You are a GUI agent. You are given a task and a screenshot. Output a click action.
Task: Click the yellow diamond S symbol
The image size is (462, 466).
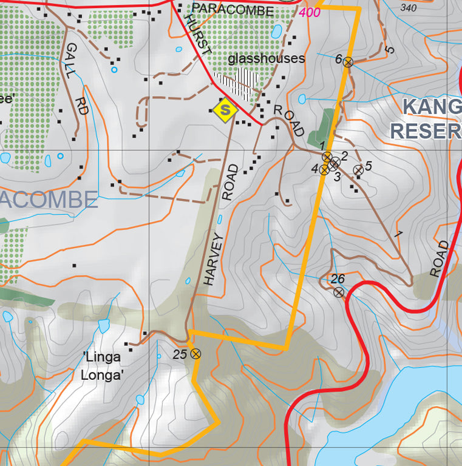click(x=225, y=110)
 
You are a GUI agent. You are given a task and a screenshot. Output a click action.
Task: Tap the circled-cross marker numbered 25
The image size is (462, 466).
click(x=195, y=354)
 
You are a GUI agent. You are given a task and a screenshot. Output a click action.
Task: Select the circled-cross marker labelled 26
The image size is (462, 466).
click(x=339, y=292)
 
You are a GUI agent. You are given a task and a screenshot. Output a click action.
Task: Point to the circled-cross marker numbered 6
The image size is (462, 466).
click(x=348, y=61)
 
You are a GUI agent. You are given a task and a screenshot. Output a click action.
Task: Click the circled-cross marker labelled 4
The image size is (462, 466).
click(x=324, y=170)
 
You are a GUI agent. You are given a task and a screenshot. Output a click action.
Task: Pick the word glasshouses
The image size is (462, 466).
click(x=266, y=59)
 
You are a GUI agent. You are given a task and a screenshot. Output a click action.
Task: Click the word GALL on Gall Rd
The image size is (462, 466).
click(x=70, y=61)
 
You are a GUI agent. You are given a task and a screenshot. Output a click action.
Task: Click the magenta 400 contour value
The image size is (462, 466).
click(x=310, y=12)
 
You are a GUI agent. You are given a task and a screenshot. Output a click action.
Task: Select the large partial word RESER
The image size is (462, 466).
click(x=425, y=130)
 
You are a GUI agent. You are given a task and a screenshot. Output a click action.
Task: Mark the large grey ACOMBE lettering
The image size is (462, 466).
click(x=49, y=200)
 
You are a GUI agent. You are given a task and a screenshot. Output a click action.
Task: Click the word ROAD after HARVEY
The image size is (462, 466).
click(x=230, y=181)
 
